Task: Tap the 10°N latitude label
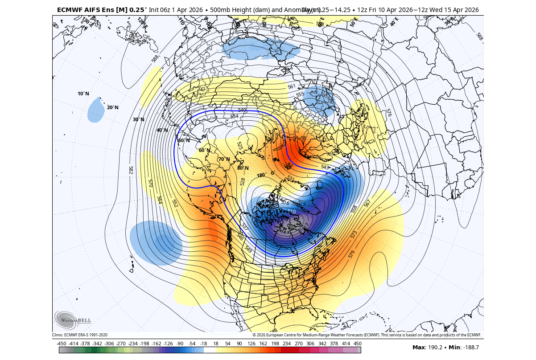pos(83,94)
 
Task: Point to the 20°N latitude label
pos(112,108)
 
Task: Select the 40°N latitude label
pos(162,131)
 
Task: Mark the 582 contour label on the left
pos(131,170)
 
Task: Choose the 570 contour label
pos(151,183)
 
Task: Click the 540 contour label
pos(242,110)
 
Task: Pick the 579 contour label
pos(352,254)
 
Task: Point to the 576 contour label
pos(389,112)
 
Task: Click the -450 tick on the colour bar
pos(62,344)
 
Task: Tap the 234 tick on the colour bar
pos(286,344)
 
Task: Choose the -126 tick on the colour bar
pos(168,344)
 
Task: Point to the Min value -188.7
pos(469,347)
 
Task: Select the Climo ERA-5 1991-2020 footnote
pos(80,335)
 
